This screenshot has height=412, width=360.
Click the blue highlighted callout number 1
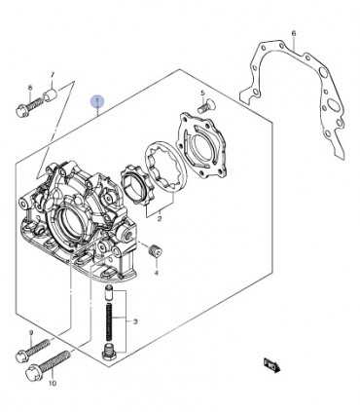97,101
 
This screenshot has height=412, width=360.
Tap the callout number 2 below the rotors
160,219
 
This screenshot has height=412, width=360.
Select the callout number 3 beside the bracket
135,321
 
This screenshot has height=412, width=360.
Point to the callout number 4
157,273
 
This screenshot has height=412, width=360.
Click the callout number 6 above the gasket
294,33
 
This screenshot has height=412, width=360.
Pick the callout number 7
53,75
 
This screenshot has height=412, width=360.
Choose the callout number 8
30,88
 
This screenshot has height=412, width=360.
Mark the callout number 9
31,333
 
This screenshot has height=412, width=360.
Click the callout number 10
53,384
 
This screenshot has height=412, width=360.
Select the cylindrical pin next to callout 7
51,94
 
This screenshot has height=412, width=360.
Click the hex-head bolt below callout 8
30,107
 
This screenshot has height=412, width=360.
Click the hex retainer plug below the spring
108,353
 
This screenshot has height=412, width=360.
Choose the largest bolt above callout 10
49,365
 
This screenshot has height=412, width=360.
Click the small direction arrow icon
271,364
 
